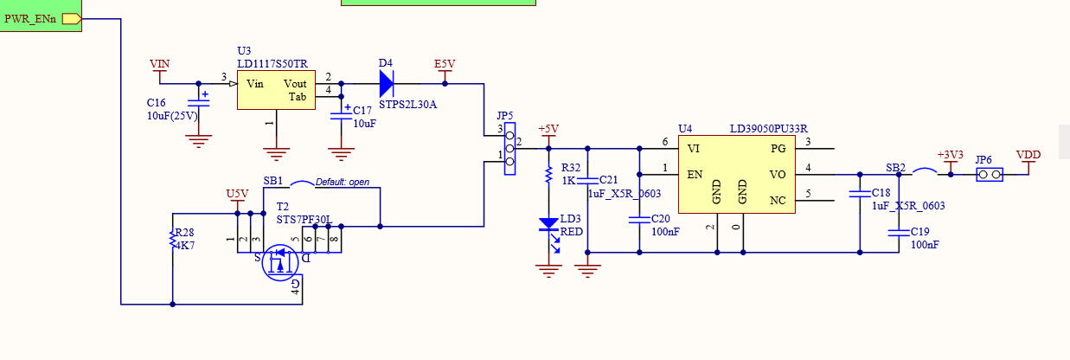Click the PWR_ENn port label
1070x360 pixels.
[x=30, y=19]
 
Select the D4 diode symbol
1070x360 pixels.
[x=387, y=84]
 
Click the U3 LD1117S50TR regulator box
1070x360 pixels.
[x=276, y=90]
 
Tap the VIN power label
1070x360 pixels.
[x=159, y=64]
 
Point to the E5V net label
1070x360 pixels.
[x=445, y=64]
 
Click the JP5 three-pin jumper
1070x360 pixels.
[x=509, y=149]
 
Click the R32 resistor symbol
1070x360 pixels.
[x=549, y=174]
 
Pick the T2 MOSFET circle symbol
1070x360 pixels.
[x=280, y=262]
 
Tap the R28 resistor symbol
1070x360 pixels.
[x=172, y=239]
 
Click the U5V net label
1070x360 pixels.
[x=237, y=194]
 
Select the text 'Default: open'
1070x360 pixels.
[x=343, y=182]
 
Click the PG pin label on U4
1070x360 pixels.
[x=778, y=149]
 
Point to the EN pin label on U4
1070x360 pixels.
[x=695, y=175]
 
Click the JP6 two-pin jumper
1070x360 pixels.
[x=990, y=175]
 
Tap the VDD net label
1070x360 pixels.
[x=1028, y=155]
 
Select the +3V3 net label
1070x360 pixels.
[x=950, y=155]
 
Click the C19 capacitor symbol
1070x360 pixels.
[x=899, y=233]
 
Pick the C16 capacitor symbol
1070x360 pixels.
[x=199, y=102]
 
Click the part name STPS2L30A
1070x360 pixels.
[x=408, y=105]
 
